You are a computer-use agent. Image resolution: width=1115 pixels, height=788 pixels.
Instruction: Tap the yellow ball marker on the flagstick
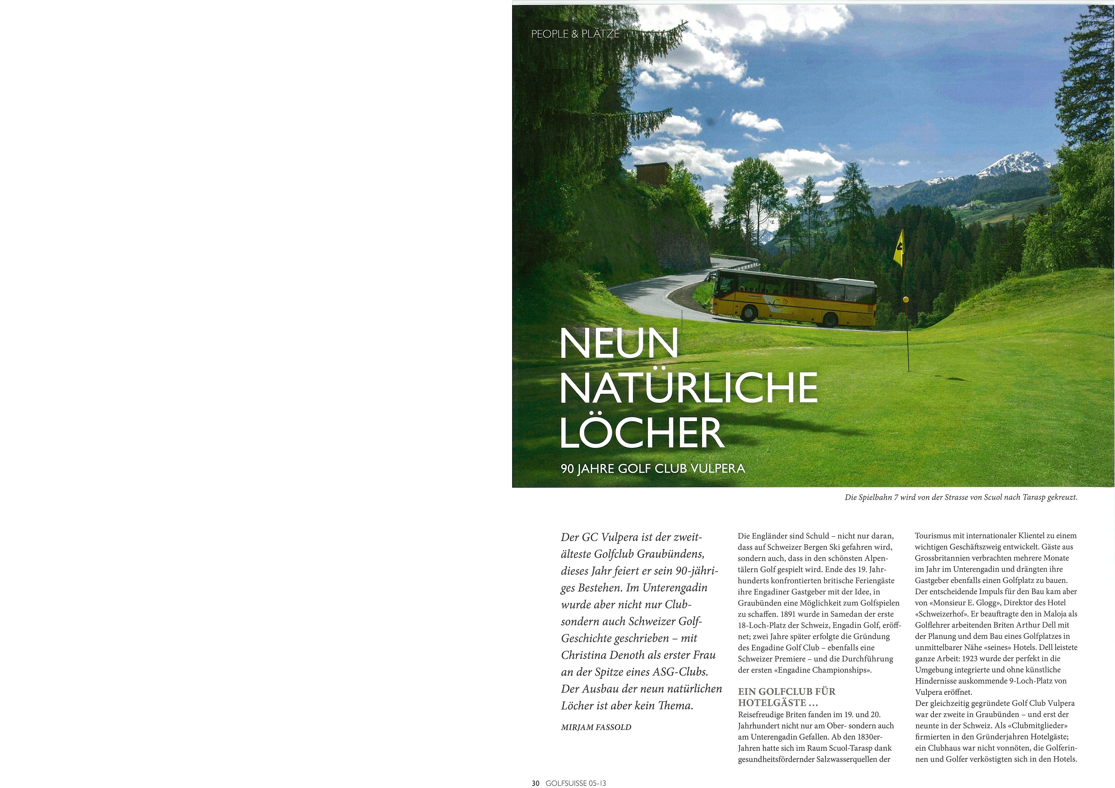[906, 299]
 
